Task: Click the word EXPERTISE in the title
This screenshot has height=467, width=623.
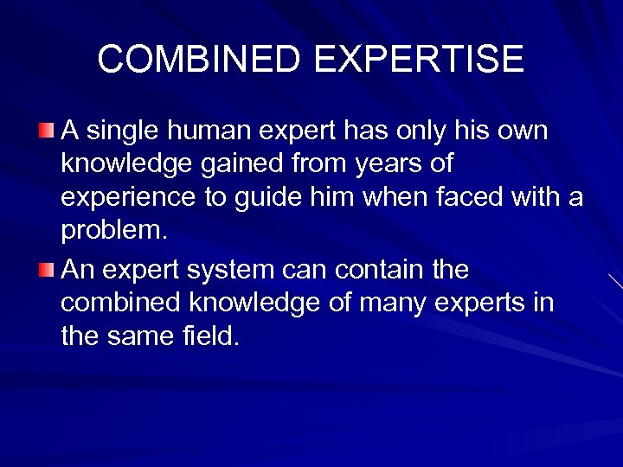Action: [419, 60]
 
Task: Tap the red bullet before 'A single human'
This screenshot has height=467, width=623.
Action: [48, 131]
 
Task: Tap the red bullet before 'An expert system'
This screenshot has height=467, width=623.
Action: [48, 270]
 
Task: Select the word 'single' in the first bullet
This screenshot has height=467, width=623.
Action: [119, 131]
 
